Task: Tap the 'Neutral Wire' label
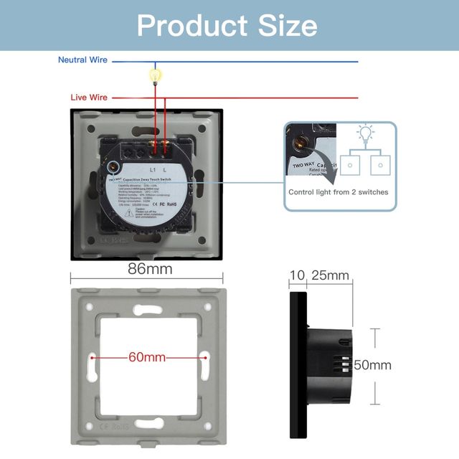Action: (82, 60)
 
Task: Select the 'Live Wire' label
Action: (89, 97)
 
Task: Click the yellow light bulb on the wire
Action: (153, 74)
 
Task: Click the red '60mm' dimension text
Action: (147, 357)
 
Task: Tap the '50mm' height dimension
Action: (373, 365)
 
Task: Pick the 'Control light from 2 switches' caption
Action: (339, 192)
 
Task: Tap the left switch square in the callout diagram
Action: (350, 165)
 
